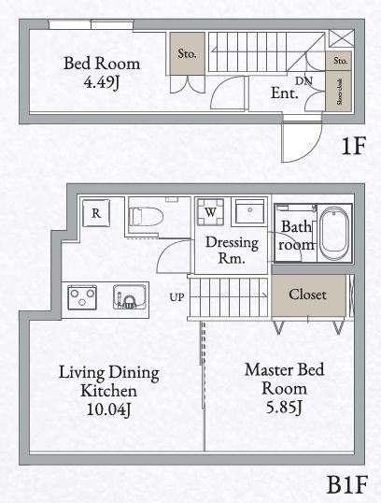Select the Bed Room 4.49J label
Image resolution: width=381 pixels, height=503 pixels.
pos(102,73)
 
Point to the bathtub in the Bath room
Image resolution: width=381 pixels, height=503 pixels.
pos(334,234)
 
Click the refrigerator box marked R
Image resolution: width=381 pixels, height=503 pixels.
pos(95,213)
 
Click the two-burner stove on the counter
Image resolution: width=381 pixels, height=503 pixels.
pos(82,298)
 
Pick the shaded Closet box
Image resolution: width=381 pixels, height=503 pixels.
pos(307,295)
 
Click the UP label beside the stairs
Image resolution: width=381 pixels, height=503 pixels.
pos(176,297)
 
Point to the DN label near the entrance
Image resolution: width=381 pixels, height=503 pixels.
pos(304,81)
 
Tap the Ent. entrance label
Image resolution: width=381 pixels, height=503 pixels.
pos(284,93)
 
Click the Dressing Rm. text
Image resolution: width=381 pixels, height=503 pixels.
pos(225,250)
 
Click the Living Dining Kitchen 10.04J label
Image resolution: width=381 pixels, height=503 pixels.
pos(108,391)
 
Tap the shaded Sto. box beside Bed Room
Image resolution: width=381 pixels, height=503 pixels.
pos(187,54)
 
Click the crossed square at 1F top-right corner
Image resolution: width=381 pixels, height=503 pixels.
pos(341,39)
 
